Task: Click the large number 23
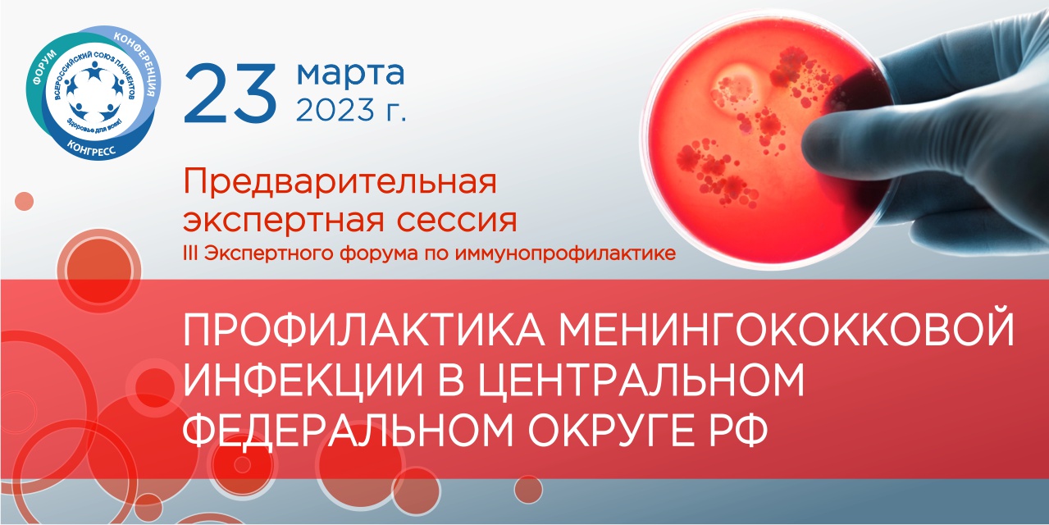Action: coord(230,94)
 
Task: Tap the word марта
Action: coord(351,74)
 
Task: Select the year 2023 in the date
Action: coord(335,110)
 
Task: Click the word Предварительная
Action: coord(340,182)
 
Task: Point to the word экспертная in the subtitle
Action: coord(283,221)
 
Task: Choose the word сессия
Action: coord(457,221)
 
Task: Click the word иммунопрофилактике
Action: coord(566,253)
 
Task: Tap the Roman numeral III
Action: coord(190,253)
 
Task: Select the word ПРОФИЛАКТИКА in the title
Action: coord(363,331)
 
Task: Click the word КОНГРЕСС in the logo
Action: coord(91,148)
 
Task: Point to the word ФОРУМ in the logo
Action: coord(44,67)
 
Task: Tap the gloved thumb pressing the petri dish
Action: coord(838,140)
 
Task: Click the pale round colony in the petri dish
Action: coord(733,87)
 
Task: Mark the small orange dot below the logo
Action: coord(25,201)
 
